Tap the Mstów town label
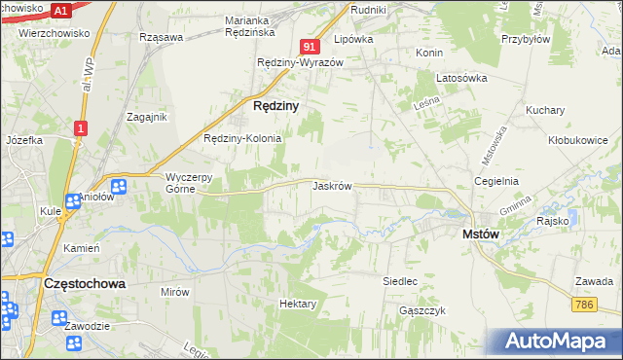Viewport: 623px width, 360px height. point(481,234)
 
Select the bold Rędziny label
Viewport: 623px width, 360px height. point(275,104)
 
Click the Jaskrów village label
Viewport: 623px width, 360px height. point(331,185)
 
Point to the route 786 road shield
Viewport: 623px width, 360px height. point(583,305)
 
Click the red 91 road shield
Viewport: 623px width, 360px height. point(309,47)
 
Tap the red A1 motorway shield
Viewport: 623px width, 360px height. point(60,11)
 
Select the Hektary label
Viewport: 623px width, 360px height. point(298,304)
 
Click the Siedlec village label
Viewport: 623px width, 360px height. point(400,281)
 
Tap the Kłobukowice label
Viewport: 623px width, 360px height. point(577,140)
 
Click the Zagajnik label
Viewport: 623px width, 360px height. point(148,117)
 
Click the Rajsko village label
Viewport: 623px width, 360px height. point(552,221)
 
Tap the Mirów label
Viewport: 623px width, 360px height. point(174,291)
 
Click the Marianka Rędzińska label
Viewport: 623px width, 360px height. point(260,26)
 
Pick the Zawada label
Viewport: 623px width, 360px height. point(593,280)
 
